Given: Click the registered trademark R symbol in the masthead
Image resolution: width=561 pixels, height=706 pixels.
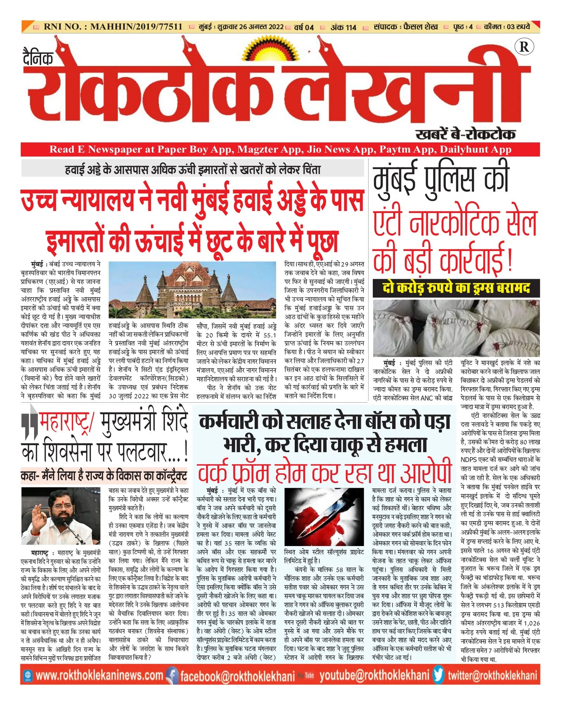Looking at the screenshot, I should click(524, 47).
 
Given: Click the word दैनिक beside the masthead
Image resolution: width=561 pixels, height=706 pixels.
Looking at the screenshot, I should click(38, 58).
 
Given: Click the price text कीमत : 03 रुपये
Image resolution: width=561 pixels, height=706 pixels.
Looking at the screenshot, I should click(507, 27).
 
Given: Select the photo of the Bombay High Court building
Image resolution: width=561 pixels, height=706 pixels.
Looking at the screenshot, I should click(192, 290).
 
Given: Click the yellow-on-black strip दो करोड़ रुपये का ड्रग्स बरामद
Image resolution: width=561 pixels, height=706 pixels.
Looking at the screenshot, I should click(456, 288).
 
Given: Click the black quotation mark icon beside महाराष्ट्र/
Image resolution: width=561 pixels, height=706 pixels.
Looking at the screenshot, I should click(30, 426).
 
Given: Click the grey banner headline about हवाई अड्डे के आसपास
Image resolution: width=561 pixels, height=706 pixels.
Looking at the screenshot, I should click(193, 169).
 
